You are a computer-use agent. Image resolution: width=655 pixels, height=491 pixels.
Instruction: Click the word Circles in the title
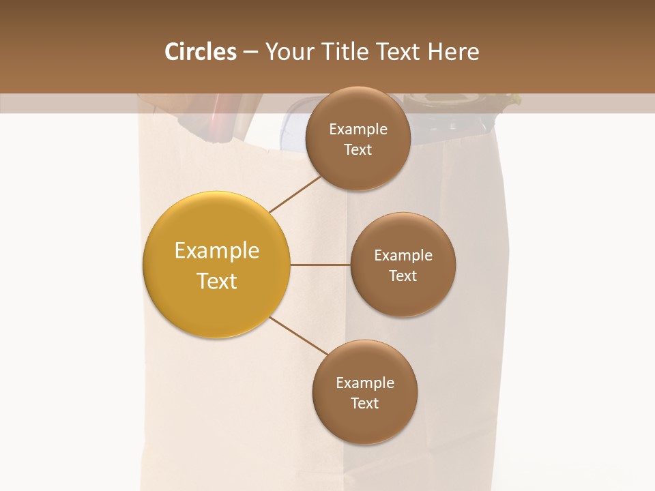tap(200, 52)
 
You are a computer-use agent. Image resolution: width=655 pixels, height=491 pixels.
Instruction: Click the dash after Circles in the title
tap(250, 53)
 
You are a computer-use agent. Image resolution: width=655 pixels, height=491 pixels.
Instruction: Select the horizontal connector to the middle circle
tap(320, 265)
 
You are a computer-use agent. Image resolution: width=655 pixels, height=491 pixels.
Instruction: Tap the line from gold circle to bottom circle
tap(298, 336)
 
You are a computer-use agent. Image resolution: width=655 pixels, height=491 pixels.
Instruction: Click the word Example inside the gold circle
tap(217, 250)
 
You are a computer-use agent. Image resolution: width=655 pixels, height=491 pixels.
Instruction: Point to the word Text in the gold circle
tap(217, 281)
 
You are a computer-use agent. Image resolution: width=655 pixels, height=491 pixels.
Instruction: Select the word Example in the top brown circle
tap(358, 129)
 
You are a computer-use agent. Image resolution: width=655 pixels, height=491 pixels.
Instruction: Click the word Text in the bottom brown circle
tap(364, 403)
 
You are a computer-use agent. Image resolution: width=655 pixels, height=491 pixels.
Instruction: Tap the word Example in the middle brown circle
tap(403, 255)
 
